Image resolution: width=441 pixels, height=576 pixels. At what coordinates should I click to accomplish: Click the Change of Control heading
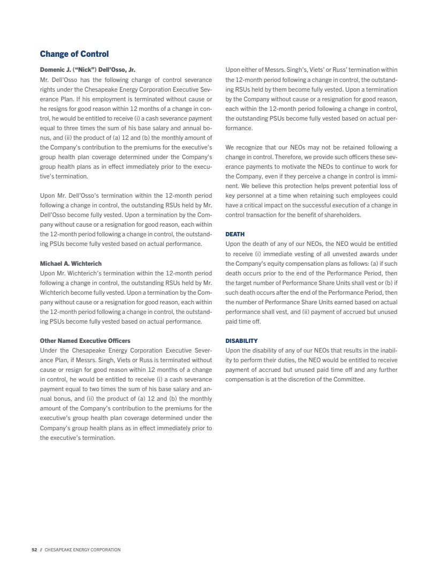point(74,54)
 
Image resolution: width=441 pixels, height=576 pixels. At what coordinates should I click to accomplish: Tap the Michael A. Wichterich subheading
point(71,264)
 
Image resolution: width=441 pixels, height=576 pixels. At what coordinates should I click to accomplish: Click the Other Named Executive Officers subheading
point(85,341)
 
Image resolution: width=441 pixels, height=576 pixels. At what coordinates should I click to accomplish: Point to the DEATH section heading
point(235,235)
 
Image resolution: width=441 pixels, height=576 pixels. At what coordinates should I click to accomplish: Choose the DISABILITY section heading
point(241,341)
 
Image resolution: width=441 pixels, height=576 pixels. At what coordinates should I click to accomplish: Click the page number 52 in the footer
point(34,550)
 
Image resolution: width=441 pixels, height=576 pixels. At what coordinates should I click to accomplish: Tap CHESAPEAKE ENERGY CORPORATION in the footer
point(82,550)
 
